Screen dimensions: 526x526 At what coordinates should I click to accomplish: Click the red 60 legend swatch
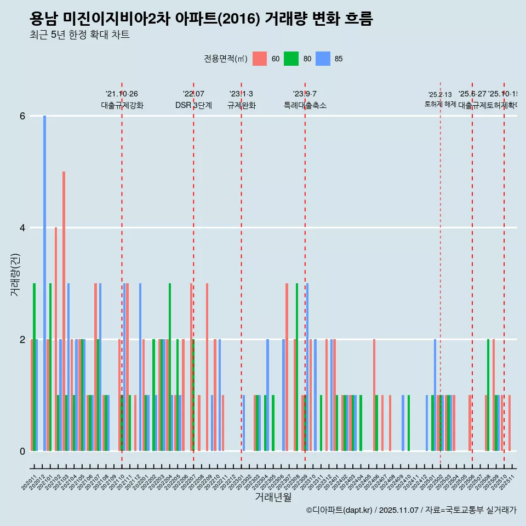coord(260,59)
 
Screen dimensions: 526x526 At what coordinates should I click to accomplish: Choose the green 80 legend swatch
coord(291,59)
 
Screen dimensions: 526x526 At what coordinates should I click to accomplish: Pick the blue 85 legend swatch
coord(323,59)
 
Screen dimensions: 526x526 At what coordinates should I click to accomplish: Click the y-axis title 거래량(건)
coord(15,275)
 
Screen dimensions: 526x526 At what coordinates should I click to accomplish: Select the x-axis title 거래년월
coord(273,497)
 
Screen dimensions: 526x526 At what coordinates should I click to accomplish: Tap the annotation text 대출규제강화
coord(122,105)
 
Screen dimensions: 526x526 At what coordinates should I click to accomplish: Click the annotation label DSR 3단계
coord(193,105)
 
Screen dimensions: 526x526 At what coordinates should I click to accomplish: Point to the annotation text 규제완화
coord(241,105)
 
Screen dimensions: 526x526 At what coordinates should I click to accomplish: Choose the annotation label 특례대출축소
coord(305,105)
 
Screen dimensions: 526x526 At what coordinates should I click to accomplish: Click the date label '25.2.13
coord(440,95)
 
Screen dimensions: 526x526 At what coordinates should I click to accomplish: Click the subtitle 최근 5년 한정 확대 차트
coord(79,35)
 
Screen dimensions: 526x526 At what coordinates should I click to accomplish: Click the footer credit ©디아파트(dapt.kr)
coord(339,510)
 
